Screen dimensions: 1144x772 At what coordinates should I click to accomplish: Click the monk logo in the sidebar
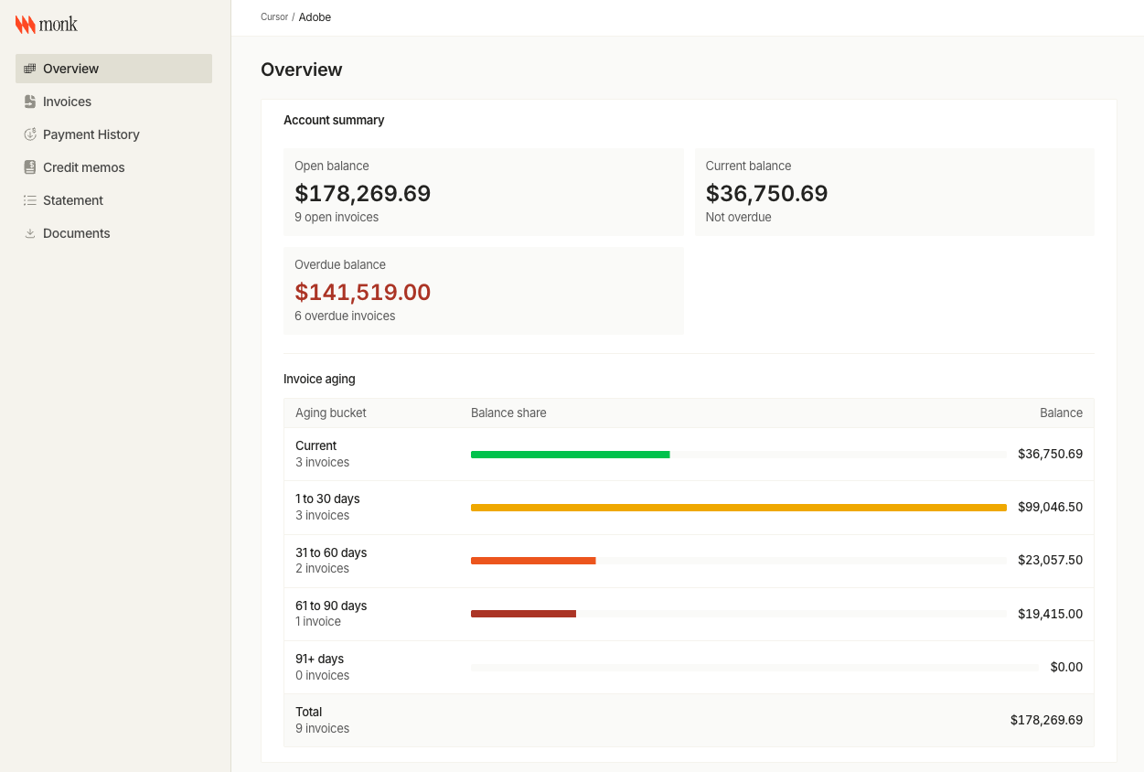tap(46, 24)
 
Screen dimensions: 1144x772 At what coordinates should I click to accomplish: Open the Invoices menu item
tap(67, 102)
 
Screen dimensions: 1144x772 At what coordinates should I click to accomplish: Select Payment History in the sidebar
tap(91, 134)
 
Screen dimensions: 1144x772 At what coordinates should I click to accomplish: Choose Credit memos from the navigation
tap(84, 167)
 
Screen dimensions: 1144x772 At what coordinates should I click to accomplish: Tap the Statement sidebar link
tap(73, 200)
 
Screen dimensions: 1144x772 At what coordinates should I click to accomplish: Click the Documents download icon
tap(30, 233)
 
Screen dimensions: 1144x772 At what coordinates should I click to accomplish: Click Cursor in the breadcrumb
tap(274, 16)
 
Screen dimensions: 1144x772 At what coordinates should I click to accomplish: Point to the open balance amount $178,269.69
tap(363, 193)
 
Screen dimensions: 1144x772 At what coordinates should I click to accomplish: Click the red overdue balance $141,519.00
tap(363, 293)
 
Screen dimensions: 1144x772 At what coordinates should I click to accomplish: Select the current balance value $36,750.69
tap(766, 193)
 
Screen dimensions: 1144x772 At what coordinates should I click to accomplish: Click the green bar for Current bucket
tap(570, 455)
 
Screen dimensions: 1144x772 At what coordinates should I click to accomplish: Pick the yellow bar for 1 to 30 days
tap(739, 508)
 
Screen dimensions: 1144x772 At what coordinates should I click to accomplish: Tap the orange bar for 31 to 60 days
tap(533, 561)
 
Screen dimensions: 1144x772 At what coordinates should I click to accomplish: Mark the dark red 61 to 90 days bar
tap(523, 614)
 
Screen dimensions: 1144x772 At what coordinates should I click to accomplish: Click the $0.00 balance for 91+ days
tap(1066, 667)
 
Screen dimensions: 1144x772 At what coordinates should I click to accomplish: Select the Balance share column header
tap(508, 413)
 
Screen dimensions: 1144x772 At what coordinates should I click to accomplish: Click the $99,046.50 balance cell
tap(1050, 507)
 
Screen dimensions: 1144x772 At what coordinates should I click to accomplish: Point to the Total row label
tap(308, 712)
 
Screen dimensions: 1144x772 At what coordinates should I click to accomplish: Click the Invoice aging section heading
tap(319, 379)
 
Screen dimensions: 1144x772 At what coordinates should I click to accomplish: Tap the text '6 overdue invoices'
tap(345, 316)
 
